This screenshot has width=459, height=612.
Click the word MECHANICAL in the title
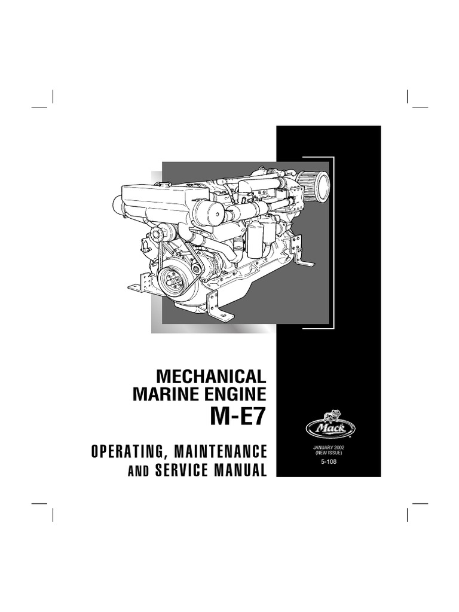click(210, 377)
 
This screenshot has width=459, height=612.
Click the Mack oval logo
click(328, 429)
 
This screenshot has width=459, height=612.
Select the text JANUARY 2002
click(328, 448)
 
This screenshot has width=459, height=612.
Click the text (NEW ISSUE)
click(328, 454)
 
